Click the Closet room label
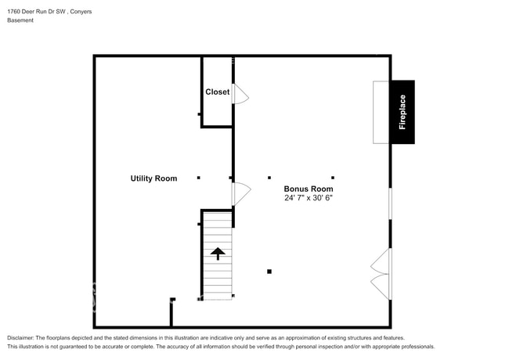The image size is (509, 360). coord(217,92)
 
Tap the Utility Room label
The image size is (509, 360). coord(153,178)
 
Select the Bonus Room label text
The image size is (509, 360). coord(309,189)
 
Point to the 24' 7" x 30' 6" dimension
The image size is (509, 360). coord(309,198)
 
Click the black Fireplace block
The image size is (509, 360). coord(403,112)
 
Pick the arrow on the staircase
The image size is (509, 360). coord(218,254)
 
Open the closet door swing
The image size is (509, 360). coord(241,94)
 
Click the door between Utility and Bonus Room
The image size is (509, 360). coord(242,194)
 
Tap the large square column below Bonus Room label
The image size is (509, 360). coord(269,272)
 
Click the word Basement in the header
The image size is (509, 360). coord(20,20)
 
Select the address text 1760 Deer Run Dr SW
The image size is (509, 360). coord(36,12)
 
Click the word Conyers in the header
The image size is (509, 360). coord(81,12)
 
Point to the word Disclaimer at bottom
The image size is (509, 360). coord(20,338)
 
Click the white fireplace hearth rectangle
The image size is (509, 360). coord(381,112)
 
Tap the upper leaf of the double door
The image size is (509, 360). coord(381,261)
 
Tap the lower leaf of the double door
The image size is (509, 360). coord(381,286)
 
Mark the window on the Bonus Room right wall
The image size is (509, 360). coord(390,203)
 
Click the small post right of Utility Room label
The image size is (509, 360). coord(199,178)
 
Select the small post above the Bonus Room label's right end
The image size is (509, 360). coord(333,178)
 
